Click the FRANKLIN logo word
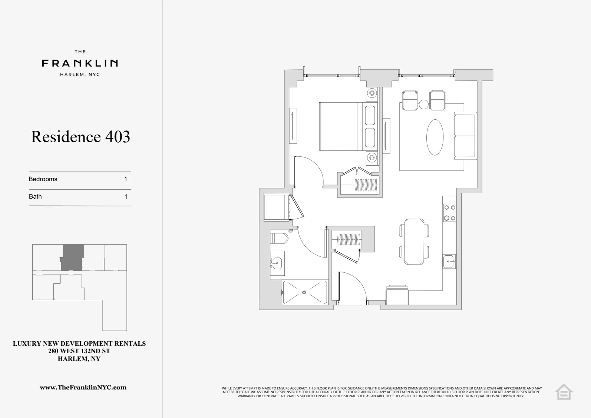click(80, 63)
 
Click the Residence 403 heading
click(80, 137)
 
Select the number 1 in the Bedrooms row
click(126, 179)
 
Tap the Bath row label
click(35, 197)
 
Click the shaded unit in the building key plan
click(72, 257)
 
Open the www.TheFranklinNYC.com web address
click(83, 388)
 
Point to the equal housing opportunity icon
click(564, 392)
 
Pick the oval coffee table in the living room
click(435, 137)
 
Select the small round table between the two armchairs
click(423, 104)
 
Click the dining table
click(415, 242)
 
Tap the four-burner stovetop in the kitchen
click(449, 213)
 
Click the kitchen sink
click(449, 262)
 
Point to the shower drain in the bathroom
click(304, 293)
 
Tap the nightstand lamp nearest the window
click(372, 93)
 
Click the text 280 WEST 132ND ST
click(79, 351)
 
